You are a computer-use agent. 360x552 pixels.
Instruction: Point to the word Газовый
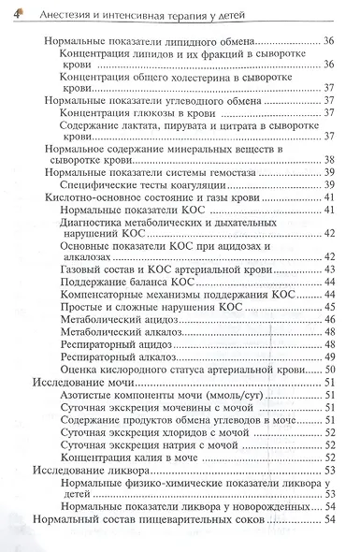tap(80, 269)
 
